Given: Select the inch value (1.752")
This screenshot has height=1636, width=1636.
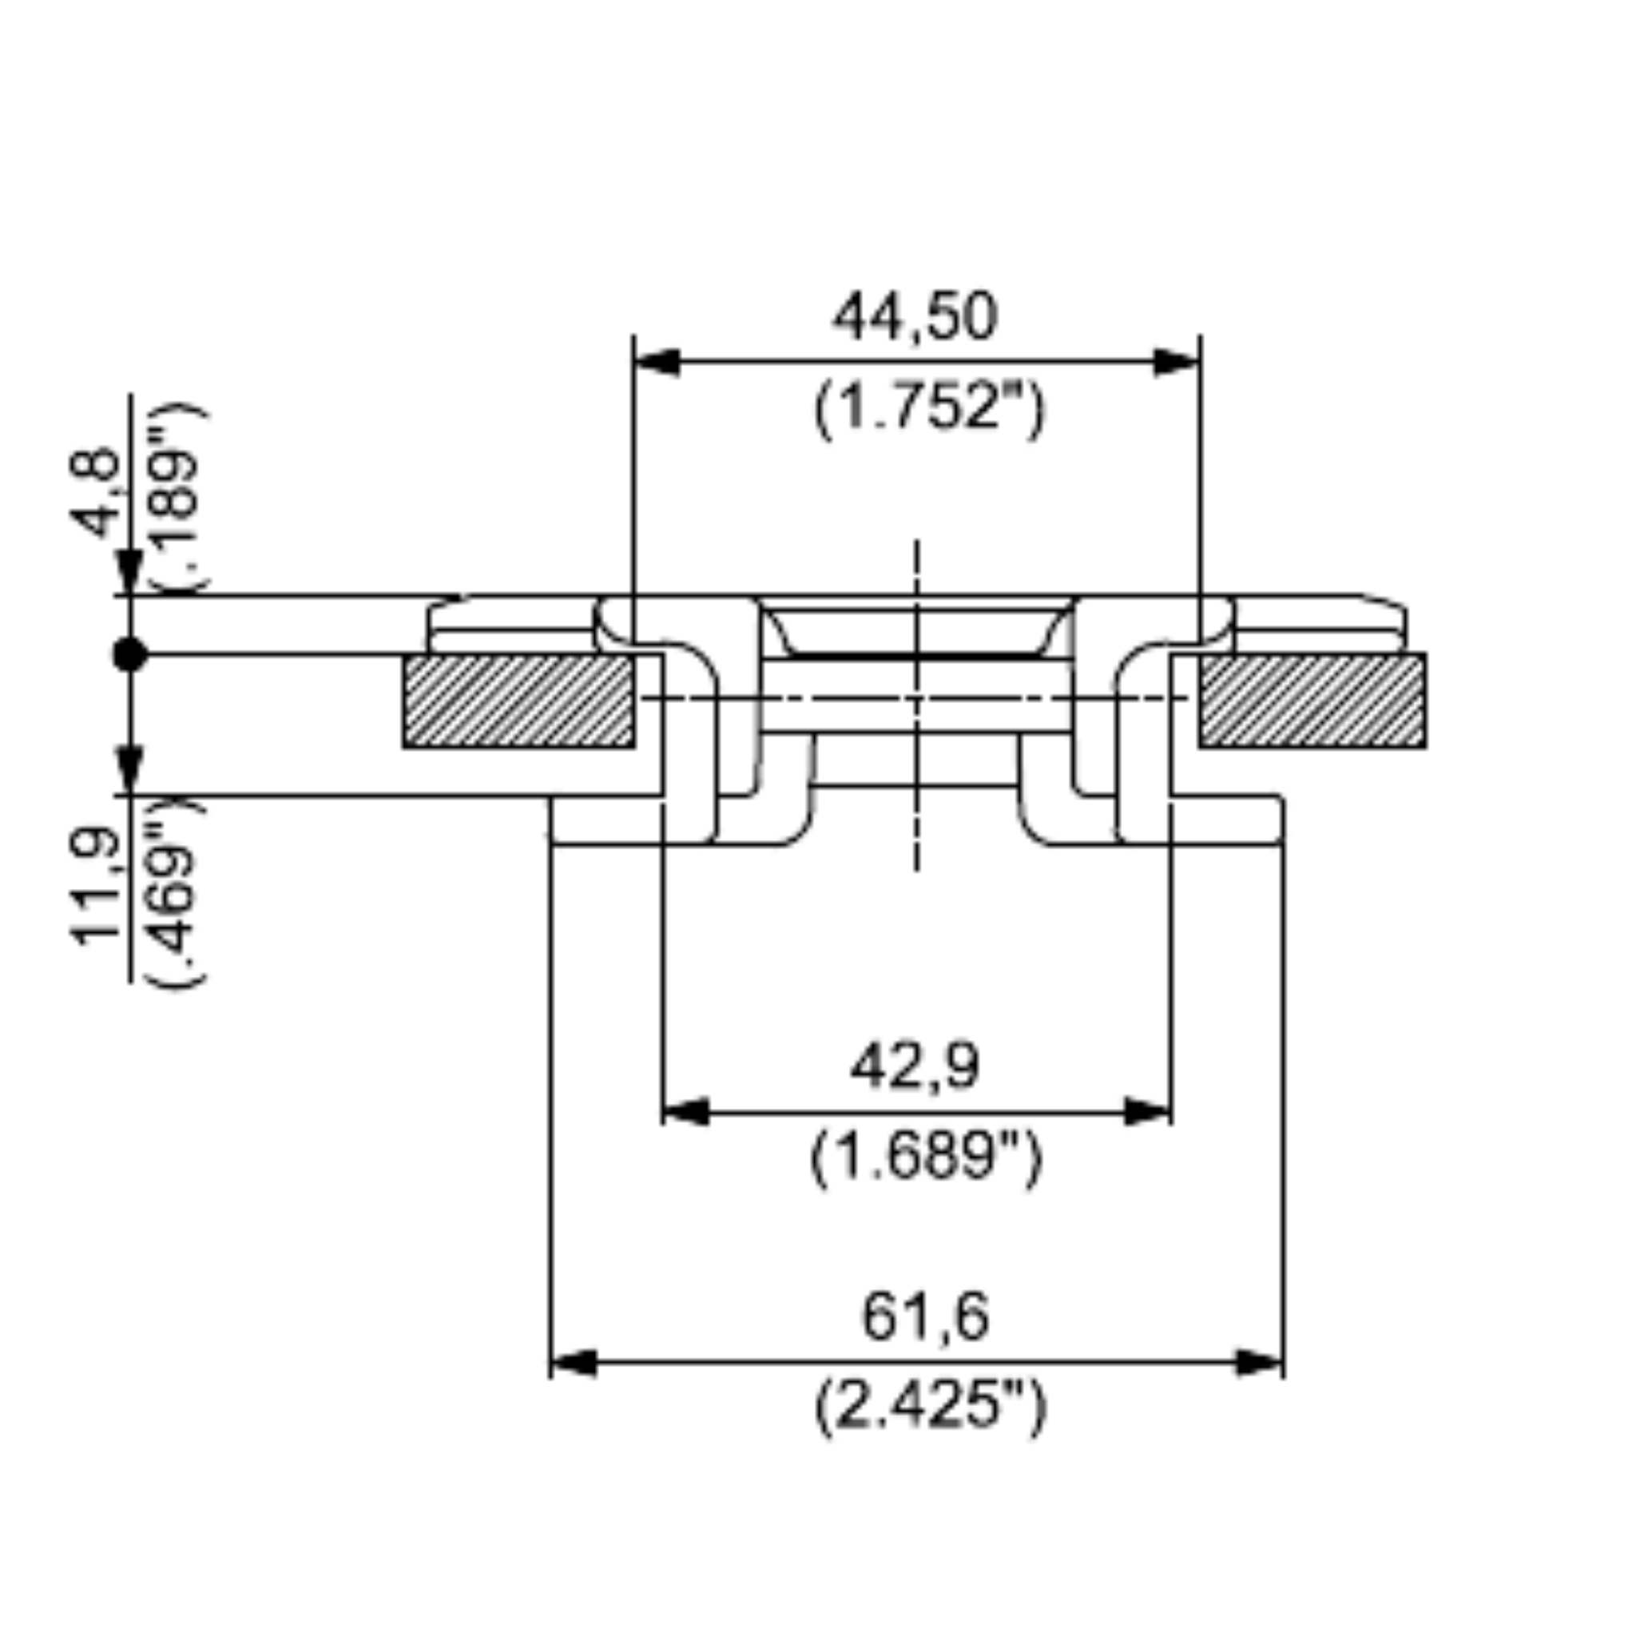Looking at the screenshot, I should (929, 409).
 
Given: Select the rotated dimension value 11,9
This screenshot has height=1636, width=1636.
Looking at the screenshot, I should (96, 887).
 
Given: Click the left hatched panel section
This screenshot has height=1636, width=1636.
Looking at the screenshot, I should (518, 701).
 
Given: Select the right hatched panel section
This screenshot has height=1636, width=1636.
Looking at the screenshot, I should (1312, 701).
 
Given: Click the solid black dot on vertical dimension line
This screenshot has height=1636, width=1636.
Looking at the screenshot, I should (129, 654).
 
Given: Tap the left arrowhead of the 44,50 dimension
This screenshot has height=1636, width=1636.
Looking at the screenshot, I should (657, 363).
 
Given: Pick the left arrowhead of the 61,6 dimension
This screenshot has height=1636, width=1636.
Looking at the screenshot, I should (574, 1364).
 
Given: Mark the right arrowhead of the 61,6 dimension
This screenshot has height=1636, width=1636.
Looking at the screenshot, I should (1259, 1364).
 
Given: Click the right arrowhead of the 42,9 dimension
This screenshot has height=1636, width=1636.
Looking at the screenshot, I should (1147, 1111).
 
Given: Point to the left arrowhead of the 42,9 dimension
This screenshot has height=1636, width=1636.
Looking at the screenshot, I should (686, 1111).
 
